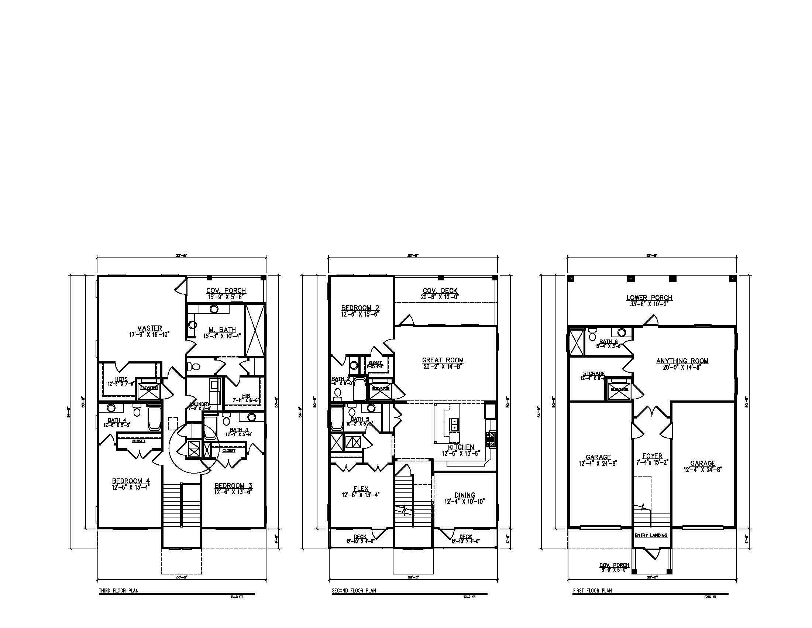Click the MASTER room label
pyautogui.click(x=149, y=328)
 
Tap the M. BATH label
pyautogui.click(x=222, y=330)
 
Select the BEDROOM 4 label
pyautogui.click(x=131, y=481)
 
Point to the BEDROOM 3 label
pyautogui.click(x=234, y=485)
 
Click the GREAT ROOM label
pyautogui.click(x=443, y=360)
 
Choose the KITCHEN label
pyautogui.click(x=461, y=447)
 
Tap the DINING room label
pyautogui.click(x=465, y=495)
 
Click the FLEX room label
pyautogui.click(x=361, y=489)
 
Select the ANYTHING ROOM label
pyautogui.click(x=682, y=361)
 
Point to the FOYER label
pyautogui.click(x=653, y=456)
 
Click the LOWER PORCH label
pyautogui.click(x=650, y=298)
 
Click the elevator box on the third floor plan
pyautogui.click(x=149, y=388)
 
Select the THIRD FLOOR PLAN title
pyautogui.click(x=118, y=590)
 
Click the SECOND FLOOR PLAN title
pyautogui.click(x=354, y=590)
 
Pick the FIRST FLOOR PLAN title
pyautogui.click(x=592, y=590)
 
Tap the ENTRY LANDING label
pyautogui.click(x=651, y=535)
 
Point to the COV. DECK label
pyautogui.click(x=440, y=291)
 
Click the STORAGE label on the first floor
pyautogui.click(x=593, y=373)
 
